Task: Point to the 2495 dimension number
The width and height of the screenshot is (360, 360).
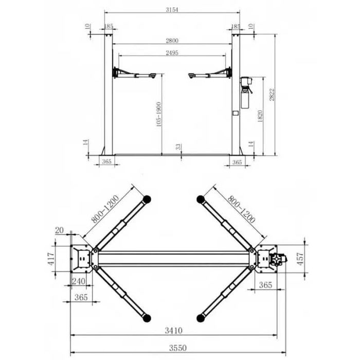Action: pos(172,52)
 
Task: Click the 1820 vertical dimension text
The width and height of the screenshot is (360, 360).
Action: pos(261,117)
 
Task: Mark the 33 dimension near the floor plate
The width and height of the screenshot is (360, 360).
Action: pos(178,147)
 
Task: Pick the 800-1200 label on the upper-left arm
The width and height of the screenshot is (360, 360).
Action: pos(106,210)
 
